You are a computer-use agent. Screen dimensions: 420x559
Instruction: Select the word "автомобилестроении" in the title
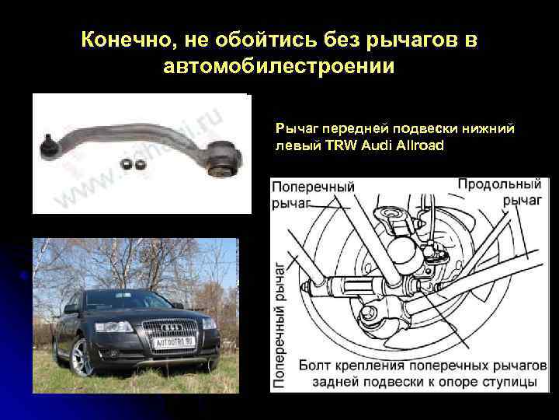click(x=279, y=66)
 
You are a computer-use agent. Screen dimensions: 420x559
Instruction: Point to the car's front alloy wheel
click(x=82, y=357)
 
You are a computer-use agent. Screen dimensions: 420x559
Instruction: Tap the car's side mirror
click(x=71, y=308)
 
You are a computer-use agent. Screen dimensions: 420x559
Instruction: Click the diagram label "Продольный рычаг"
click(x=499, y=192)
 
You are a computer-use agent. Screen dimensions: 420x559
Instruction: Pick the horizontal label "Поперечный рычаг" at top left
click(x=313, y=194)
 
